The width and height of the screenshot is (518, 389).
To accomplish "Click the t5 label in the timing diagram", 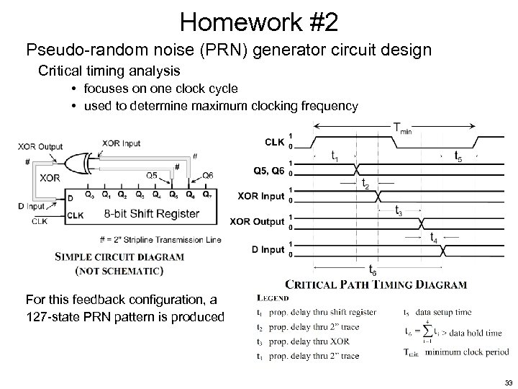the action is [x=456, y=155].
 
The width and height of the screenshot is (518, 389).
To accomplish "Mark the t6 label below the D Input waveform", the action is [x=372, y=270].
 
